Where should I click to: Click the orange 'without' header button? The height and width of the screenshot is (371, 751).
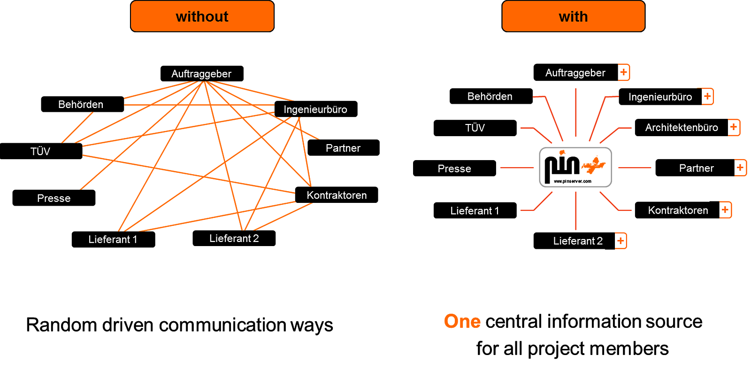pos(202,16)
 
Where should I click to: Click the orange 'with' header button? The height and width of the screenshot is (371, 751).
pos(573,16)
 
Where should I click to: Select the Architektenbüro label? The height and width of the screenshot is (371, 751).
pos(682,128)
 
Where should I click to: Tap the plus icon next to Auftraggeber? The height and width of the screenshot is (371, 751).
pos(624,72)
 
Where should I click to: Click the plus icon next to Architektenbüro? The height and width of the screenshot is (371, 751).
pos(734,127)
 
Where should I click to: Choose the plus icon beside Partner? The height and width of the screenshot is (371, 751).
pos(740,168)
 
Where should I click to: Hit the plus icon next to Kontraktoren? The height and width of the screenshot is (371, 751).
pos(725,210)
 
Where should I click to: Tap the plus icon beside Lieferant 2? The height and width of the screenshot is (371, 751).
pos(621,241)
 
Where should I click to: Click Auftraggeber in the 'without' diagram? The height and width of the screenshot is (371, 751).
pos(201,74)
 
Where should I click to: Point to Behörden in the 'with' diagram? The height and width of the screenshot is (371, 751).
pos(490,97)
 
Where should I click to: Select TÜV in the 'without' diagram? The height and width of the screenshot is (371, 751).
pos(40,152)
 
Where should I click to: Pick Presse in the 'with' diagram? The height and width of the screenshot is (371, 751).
pos(454,169)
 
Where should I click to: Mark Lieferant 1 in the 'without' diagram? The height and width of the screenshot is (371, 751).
pos(113,240)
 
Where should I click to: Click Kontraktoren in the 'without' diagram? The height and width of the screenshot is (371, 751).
pos(337,195)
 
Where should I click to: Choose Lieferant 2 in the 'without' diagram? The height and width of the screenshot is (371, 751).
pos(234,239)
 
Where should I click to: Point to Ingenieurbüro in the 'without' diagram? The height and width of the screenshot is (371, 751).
pos(315,110)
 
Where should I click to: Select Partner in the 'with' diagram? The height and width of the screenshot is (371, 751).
pos(696,169)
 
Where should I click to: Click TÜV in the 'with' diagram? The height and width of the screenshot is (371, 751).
pos(475,128)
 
